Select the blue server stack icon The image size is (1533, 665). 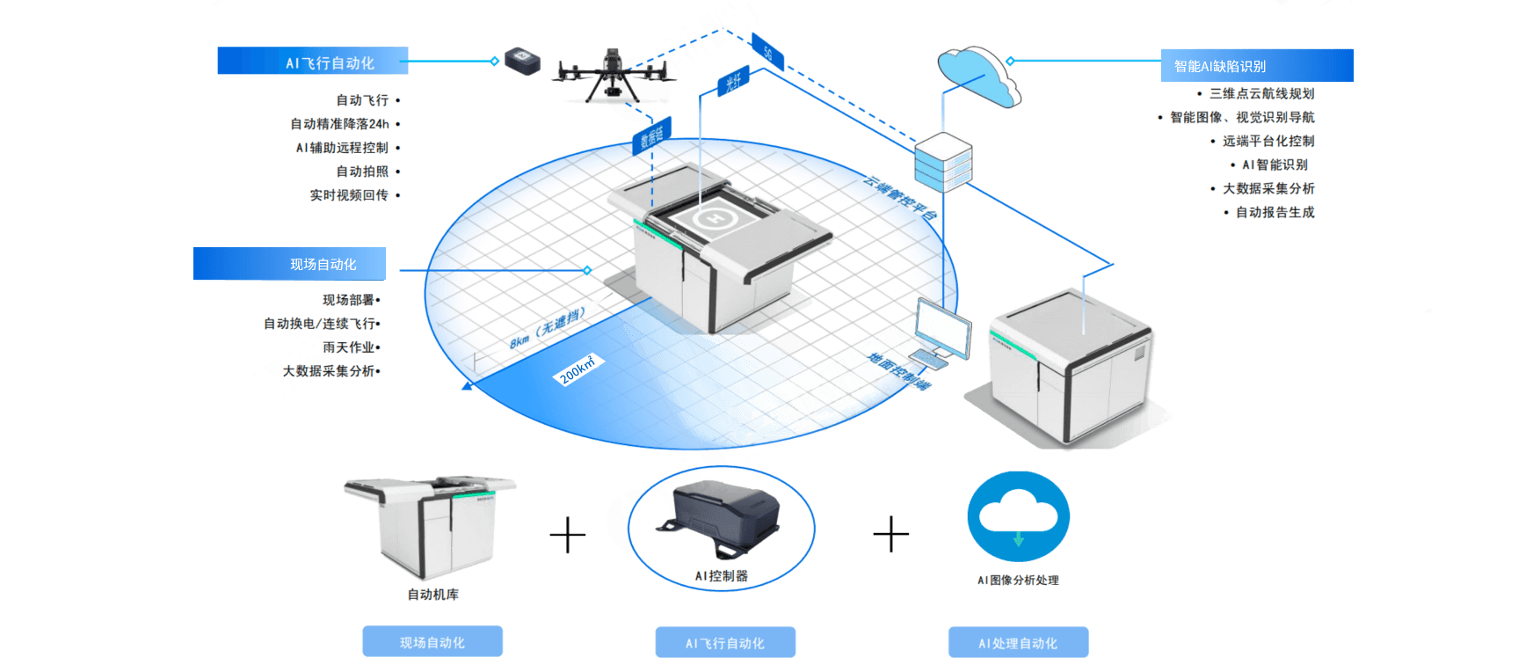pyautogui.click(x=943, y=162)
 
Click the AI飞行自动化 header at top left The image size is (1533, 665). pyautogui.click(x=313, y=62)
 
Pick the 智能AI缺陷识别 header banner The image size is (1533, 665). pyautogui.click(x=1256, y=66)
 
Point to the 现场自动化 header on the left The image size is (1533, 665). pyautogui.click(x=289, y=264)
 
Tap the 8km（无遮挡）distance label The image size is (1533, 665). pyautogui.click(x=547, y=328)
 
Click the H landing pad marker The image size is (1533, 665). pyautogui.click(x=713, y=217)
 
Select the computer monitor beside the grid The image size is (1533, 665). pyautogui.click(x=944, y=328)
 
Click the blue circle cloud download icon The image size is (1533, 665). pyautogui.click(x=1018, y=516)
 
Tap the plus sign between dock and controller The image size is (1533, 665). pyautogui.click(x=568, y=535)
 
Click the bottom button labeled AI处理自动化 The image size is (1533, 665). pyautogui.click(x=1018, y=643)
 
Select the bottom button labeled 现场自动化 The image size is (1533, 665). pyautogui.click(x=432, y=643)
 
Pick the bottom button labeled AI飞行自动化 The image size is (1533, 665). pyautogui.click(x=725, y=643)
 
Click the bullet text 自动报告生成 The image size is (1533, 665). pyautogui.click(x=1275, y=212)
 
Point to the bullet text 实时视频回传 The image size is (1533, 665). pyautogui.click(x=349, y=195)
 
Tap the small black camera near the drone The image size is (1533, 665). pyautogui.click(x=522, y=61)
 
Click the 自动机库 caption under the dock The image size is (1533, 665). pyautogui.click(x=433, y=595)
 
